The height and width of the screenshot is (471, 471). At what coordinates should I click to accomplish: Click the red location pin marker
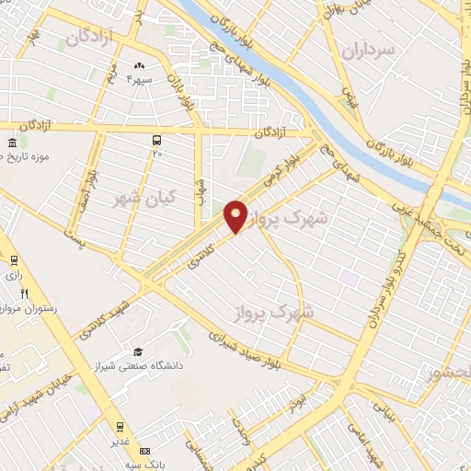(x=235, y=215)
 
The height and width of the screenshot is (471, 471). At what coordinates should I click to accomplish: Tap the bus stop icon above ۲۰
(x=157, y=140)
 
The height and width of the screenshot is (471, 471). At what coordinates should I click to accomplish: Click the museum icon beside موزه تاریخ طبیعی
(x=11, y=144)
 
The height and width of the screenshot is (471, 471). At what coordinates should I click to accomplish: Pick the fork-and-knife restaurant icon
(x=23, y=293)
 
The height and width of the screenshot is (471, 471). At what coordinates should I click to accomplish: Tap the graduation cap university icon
(x=137, y=351)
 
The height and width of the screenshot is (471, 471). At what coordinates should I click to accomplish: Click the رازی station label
(x=13, y=274)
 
